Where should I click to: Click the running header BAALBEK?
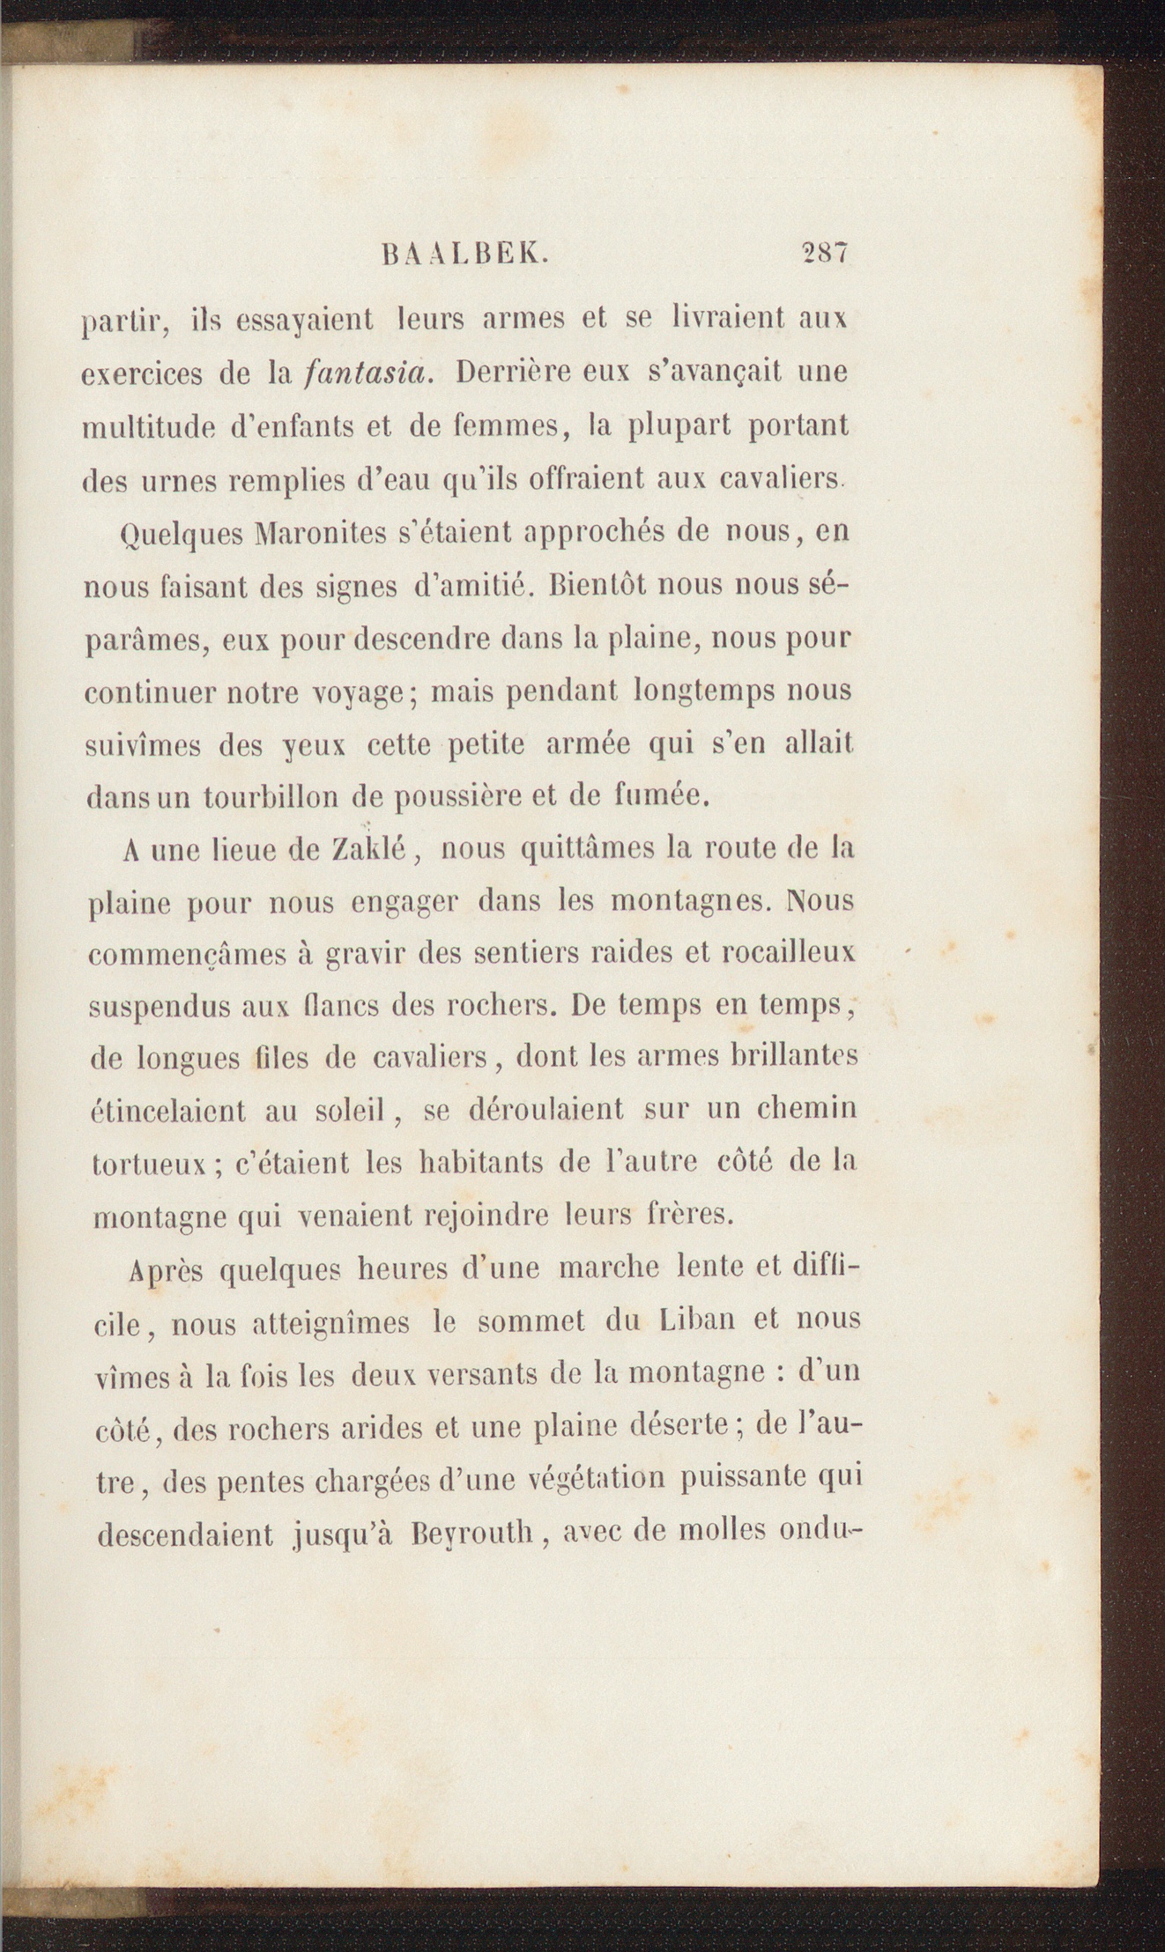(x=467, y=255)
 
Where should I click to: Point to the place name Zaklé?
(x=366, y=850)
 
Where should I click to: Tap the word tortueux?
(x=149, y=1165)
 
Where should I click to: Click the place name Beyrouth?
(x=474, y=1534)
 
